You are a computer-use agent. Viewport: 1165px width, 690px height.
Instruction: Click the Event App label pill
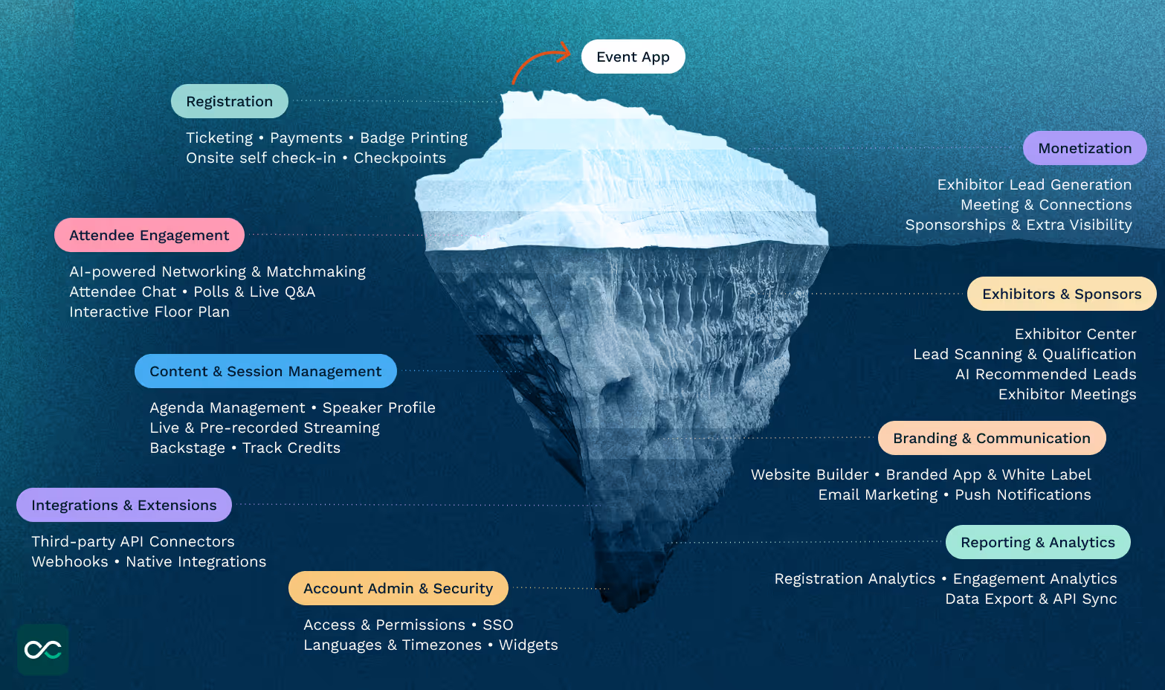point(633,57)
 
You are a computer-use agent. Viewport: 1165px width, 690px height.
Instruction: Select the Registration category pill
point(229,101)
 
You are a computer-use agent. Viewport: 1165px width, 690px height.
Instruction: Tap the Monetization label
point(1084,148)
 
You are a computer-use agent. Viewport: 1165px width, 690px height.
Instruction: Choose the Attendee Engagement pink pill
point(149,235)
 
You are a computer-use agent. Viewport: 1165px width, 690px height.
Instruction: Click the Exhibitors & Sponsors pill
point(1061,294)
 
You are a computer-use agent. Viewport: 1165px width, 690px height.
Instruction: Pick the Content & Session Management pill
point(265,371)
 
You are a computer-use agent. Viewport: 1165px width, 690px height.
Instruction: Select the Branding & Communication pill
point(991,438)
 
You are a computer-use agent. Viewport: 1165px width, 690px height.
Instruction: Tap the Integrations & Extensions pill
point(123,505)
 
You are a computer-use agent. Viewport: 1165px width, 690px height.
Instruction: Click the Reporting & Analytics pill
point(1037,542)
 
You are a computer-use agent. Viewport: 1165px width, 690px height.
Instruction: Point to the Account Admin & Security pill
point(398,588)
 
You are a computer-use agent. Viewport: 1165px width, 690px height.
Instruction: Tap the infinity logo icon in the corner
point(43,650)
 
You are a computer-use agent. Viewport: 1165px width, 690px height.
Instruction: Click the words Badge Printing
point(413,138)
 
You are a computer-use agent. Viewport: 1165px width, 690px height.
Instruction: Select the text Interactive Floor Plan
point(149,312)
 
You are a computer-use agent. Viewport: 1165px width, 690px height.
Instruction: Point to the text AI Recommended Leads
point(1045,374)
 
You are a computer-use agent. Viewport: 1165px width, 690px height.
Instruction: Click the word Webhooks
point(70,561)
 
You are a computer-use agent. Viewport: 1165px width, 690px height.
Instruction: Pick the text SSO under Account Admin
point(498,625)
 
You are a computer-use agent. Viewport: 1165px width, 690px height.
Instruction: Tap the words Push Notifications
point(1022,494)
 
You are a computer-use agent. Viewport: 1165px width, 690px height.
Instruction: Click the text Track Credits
point(291,448)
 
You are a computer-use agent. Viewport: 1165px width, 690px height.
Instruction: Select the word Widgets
point(528,645)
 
